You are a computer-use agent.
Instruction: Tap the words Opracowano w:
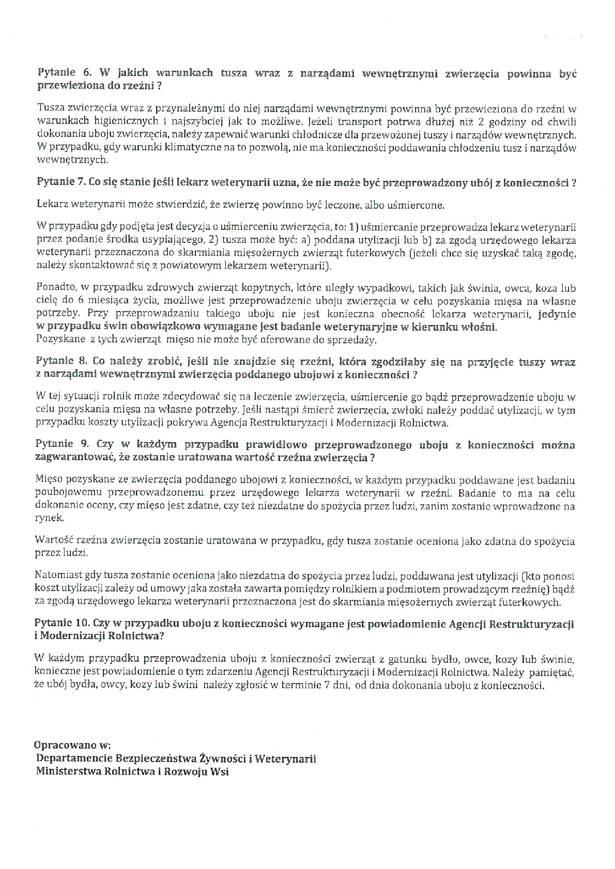pos(72,745)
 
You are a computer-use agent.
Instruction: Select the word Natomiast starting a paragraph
pos(59,575)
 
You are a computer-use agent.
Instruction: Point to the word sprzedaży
pos(355,340)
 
